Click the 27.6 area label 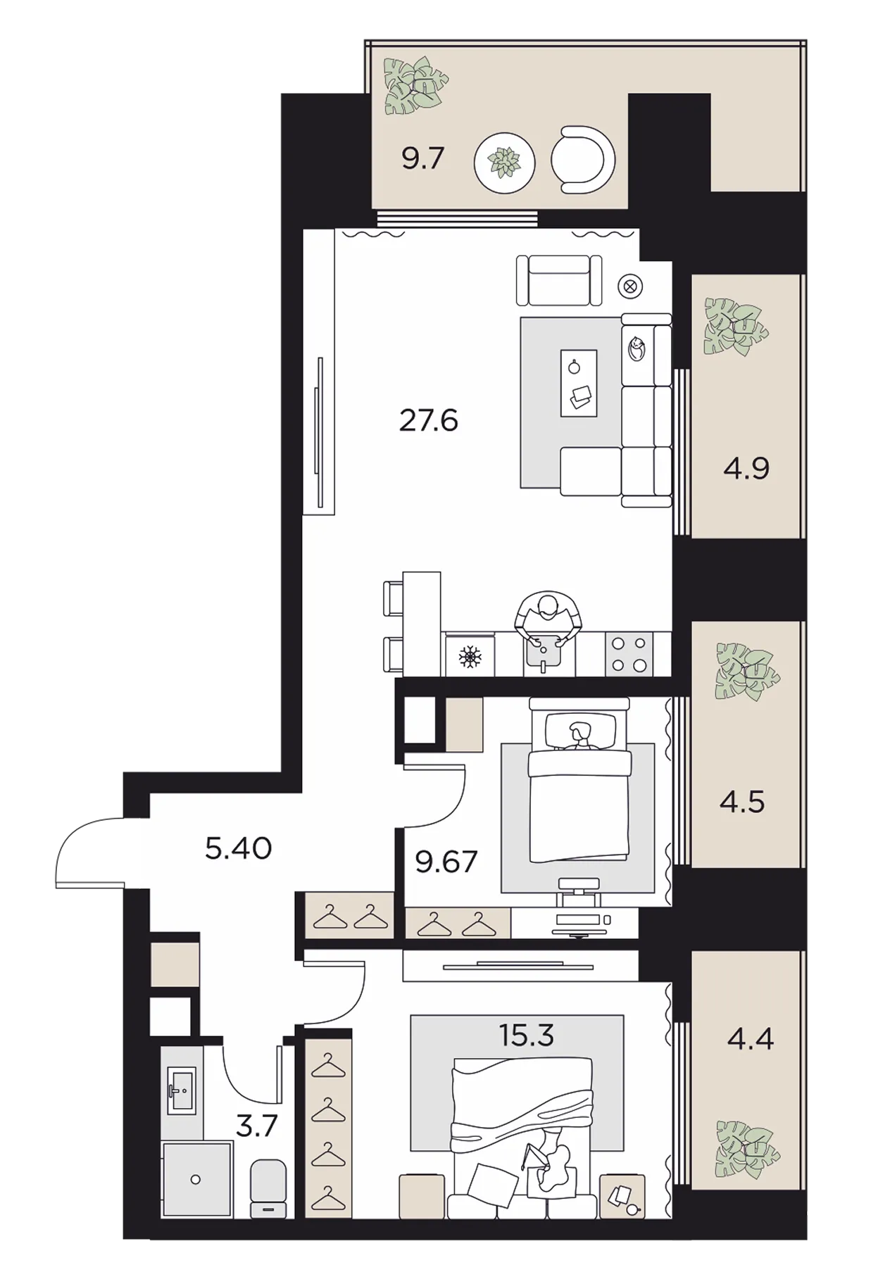coord(428,421)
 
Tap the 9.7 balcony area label coord(422,159)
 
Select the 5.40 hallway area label coord(238,849)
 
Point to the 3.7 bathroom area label coord(257,1127)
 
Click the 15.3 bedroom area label coord(527,1036)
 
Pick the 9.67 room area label coord(446,861)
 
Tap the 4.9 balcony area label coord(746,468)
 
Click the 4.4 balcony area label coord(751,1039)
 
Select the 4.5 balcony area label coord(742,802)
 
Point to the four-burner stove coord(629,654)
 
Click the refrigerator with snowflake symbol coord(470,655)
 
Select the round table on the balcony coord(504,163)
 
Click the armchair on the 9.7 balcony coord(582,159)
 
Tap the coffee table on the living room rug coord(579,383)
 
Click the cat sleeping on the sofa coord(636,348)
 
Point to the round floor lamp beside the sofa coord(629,286)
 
